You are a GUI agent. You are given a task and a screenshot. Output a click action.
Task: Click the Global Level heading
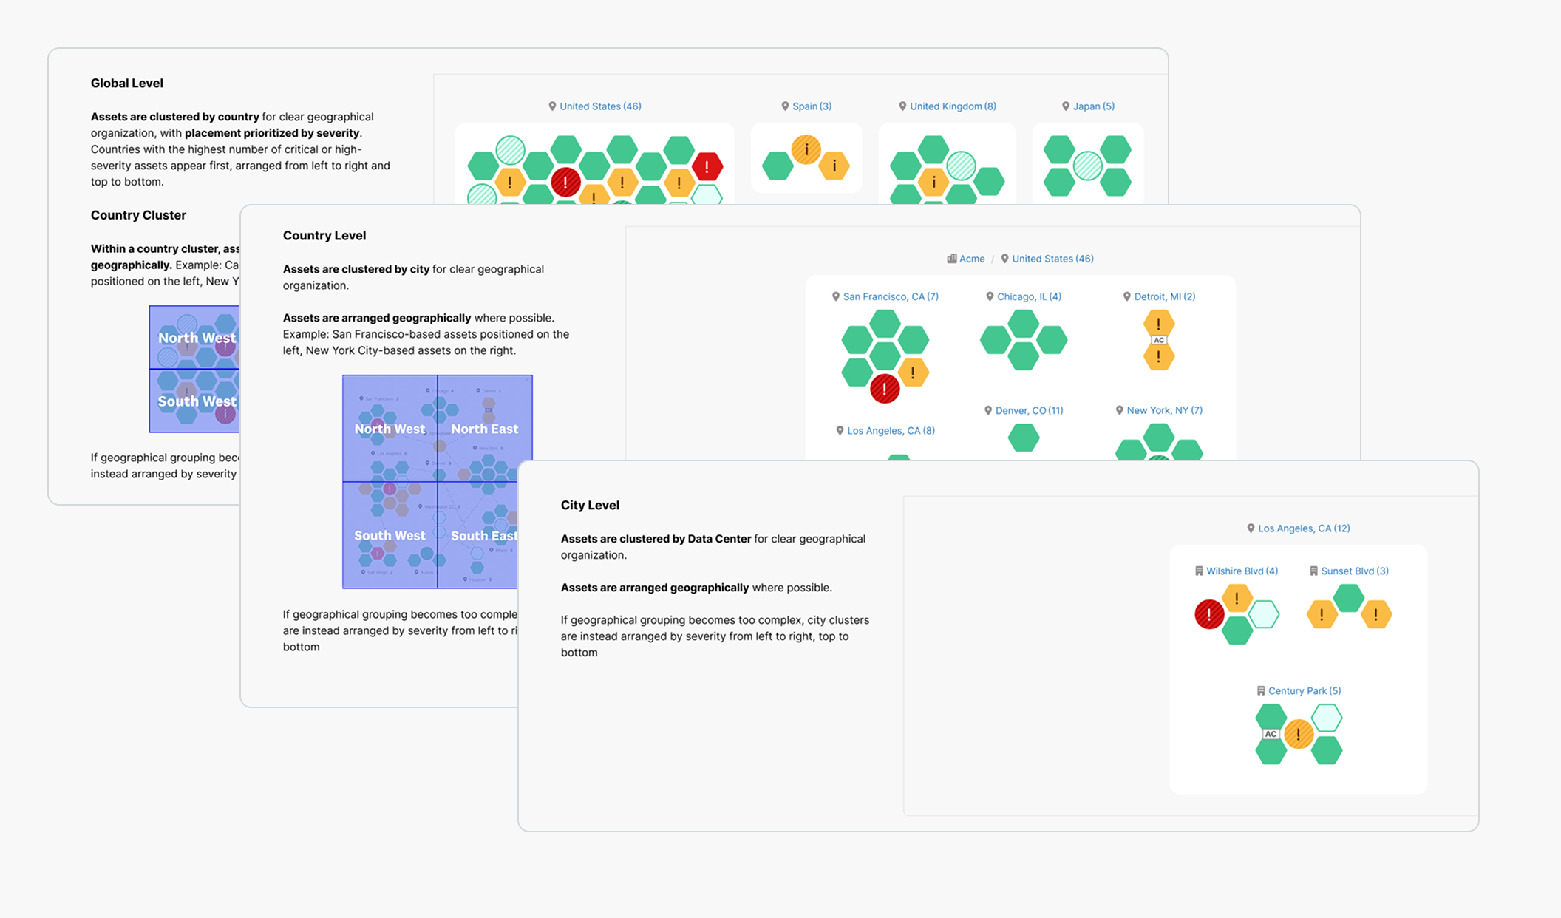(126, 84)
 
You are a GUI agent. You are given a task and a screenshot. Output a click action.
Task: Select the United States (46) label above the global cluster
(599, 106)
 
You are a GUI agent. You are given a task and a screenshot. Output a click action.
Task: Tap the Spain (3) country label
(811, 106)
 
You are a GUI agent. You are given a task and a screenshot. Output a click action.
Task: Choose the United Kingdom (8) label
(952, 106)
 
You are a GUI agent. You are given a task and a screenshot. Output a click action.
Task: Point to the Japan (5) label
(1092, 106)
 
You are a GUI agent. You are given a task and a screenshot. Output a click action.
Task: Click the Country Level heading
(324, 236)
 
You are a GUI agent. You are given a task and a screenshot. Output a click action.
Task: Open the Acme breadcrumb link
(971, 259)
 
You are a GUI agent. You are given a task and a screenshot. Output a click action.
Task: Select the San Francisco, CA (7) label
(890, 296)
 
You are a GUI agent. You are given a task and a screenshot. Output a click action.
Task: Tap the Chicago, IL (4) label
(1028, 296)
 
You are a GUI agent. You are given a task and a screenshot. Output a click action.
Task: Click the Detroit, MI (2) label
(1164, 296)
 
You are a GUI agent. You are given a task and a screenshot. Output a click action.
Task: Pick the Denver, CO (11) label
(1028, 410)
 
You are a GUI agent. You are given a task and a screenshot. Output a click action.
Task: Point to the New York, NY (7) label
(1163, 410)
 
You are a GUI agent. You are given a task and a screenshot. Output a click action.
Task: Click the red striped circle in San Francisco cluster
(884, 389)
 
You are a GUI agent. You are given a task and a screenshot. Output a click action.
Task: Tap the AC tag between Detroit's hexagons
(1158, 340)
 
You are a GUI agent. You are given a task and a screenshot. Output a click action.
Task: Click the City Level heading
(590, 506)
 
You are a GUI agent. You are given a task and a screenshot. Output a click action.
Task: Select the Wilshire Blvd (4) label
(1241, 571)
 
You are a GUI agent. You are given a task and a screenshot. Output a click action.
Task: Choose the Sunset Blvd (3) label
(1354, 571)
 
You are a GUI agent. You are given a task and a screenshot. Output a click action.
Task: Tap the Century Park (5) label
(1304, 690)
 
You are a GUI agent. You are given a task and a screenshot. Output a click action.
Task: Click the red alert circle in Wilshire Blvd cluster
(1209, 614)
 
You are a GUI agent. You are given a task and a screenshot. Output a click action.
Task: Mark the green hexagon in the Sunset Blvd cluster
(1349, 598)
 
